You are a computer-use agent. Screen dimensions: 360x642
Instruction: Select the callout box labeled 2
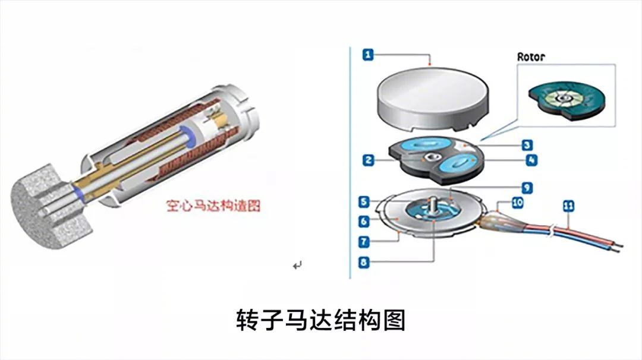(x=369, y=160)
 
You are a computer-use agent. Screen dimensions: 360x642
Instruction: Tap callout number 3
(x=526, y=145)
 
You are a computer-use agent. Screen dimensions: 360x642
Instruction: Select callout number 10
(x=517, y=203)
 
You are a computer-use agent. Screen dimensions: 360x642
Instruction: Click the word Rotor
(x=530, y=57)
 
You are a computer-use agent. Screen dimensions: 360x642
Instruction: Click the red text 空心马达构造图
(x=212, y=206)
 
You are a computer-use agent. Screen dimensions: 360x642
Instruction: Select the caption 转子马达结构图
(x=320, y=320)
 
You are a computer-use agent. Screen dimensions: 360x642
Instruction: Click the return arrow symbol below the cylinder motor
(x=297, y=265)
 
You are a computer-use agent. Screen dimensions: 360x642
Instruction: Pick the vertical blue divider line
(x=351, y=160)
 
